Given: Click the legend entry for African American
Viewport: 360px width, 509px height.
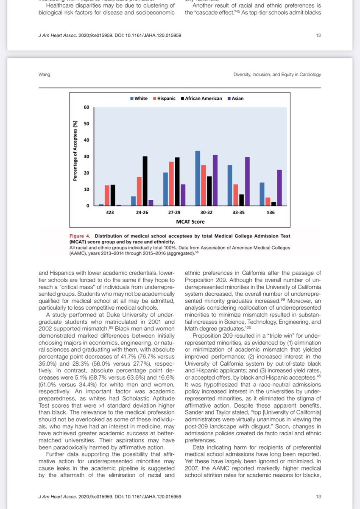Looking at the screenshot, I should [203, 98].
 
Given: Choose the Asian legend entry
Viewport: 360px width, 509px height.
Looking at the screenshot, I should [237, 98].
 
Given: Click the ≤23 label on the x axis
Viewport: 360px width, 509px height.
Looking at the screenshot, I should [110, 213].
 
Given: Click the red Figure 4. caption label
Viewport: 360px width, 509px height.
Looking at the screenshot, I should [81, 236].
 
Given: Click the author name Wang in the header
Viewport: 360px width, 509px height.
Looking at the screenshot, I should [44, 75].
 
